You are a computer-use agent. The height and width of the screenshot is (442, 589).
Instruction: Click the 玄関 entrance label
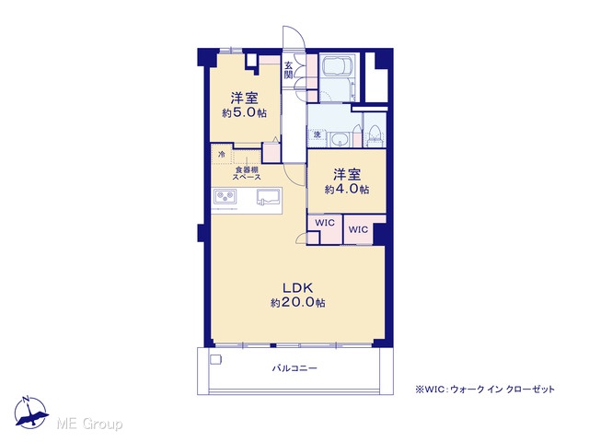[x=288, y=70]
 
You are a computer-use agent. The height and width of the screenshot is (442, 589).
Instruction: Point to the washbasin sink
[x=341, y=140]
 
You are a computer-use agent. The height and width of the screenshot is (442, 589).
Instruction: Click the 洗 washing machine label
[x=317, y=134]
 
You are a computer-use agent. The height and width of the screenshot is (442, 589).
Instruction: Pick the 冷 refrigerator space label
[x=222, y=154]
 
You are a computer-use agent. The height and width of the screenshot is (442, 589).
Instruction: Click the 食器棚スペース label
[x=247, y=174]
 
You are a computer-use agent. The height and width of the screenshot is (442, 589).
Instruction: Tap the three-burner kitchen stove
[x=225, y=197]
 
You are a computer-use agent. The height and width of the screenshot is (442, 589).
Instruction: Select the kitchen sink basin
[x=268, y=197]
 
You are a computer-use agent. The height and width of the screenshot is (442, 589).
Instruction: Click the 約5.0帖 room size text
[x=244, y=112]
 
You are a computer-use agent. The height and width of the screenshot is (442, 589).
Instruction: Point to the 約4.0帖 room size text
[x=347, y=189]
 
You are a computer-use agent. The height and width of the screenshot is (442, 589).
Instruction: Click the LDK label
[x=298, y=288]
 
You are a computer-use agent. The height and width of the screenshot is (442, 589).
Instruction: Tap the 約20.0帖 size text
[x=298, y=303]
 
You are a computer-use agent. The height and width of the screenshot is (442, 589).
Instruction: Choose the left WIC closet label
[x=325, y=223]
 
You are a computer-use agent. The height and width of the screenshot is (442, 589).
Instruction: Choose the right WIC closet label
[x=358, y=229]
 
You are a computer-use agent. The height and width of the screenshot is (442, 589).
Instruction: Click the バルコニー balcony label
[x=294, y=368]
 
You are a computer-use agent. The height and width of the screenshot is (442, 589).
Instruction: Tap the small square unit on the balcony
[x=215, y=359]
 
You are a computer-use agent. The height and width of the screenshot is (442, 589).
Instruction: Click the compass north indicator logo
[x=31, y=413]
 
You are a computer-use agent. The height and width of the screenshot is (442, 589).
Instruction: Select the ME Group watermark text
[x=89, y=425]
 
